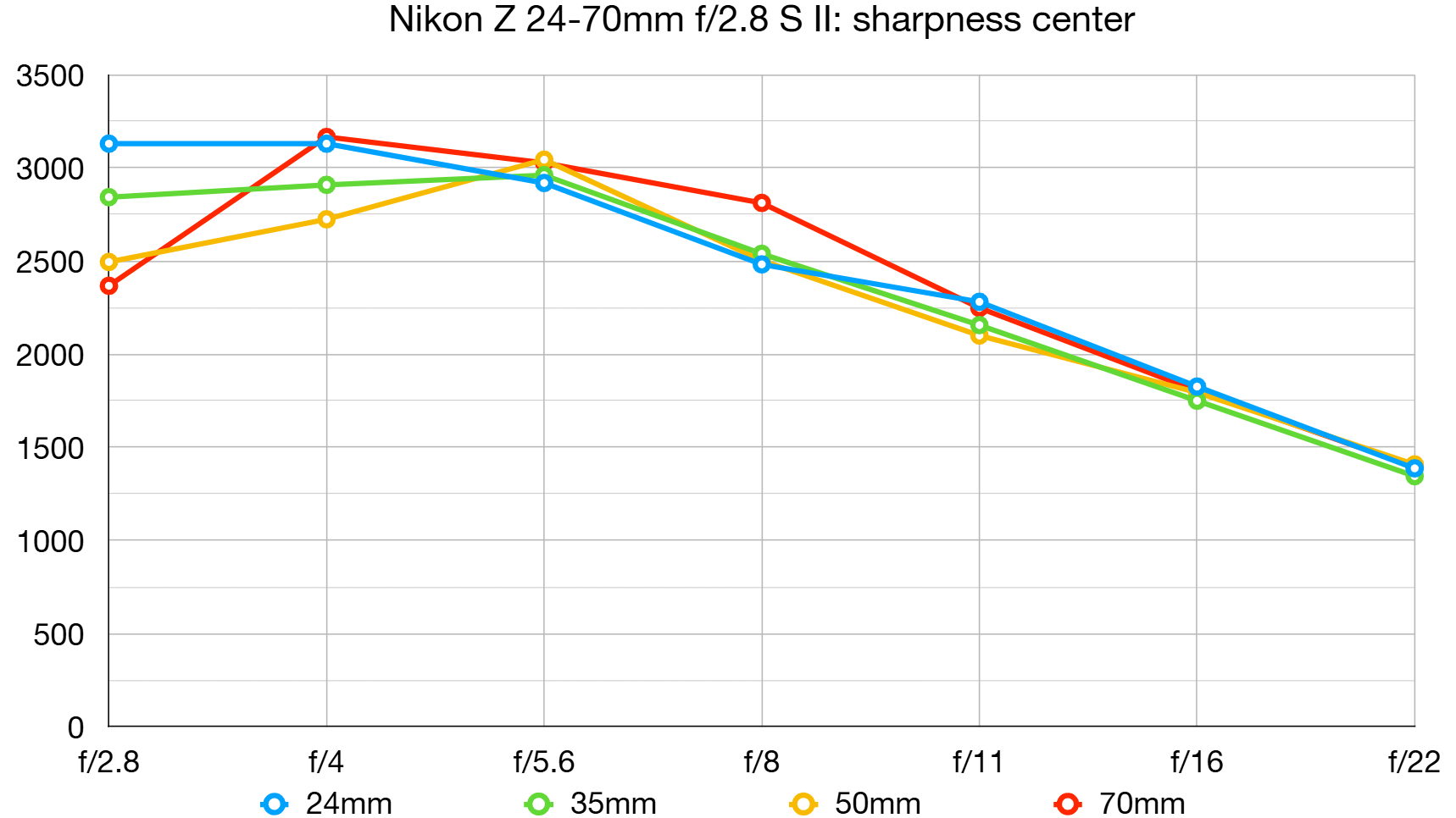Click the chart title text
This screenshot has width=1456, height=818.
click(761, 19)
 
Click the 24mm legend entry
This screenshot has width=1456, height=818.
click(327, 803)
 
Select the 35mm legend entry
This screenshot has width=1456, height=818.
click(592, 803)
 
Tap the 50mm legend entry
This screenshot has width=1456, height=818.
click(856, 803)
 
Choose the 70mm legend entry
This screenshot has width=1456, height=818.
click(1120, 803)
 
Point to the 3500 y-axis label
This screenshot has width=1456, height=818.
click(50, 76)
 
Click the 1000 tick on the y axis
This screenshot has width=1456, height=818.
click(50, 541)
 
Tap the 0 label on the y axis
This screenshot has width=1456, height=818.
click(75, 727)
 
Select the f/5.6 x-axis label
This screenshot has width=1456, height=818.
click(544, 762)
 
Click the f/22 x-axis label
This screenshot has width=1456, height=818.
click(1414, 762)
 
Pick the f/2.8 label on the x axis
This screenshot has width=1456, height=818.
click(108, 762)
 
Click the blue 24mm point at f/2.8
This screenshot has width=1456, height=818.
click(108, 144)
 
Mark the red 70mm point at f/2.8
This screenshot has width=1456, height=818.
click(108, 286)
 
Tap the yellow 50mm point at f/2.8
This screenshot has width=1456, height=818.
click(108, 262)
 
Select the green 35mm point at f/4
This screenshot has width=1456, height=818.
click(326, 185)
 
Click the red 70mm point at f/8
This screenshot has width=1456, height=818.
click(762, 202)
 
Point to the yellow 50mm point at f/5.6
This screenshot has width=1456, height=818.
click(544, 159)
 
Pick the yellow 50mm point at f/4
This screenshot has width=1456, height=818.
click(326, 219)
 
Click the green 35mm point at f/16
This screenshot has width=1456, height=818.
click(1197, 401)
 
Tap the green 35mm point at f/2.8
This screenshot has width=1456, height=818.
click(108, 197)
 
